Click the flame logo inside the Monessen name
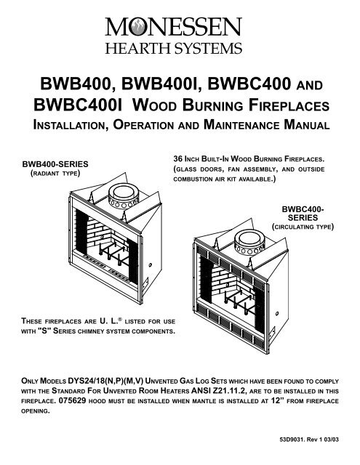(137, 28)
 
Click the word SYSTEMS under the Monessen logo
(208, 49)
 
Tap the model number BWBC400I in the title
(78, 105)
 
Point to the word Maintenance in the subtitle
(241, 124)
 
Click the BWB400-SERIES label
(55, 164)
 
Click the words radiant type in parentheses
(55, 174)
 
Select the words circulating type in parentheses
(303, 227)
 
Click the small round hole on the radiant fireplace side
(150, 264)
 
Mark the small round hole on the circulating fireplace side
(277, 313)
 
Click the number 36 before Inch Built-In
(177, 158)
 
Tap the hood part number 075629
(73, 400)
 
